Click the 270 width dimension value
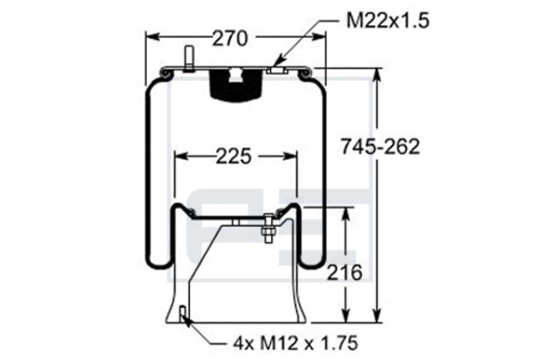[229, 38]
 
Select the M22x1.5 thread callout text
[388, 21]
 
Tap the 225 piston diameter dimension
[234, 157]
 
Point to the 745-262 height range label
[380, 147]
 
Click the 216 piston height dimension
[345, 273]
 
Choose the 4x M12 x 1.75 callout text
[295, 343]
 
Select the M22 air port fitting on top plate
[277, 70]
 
